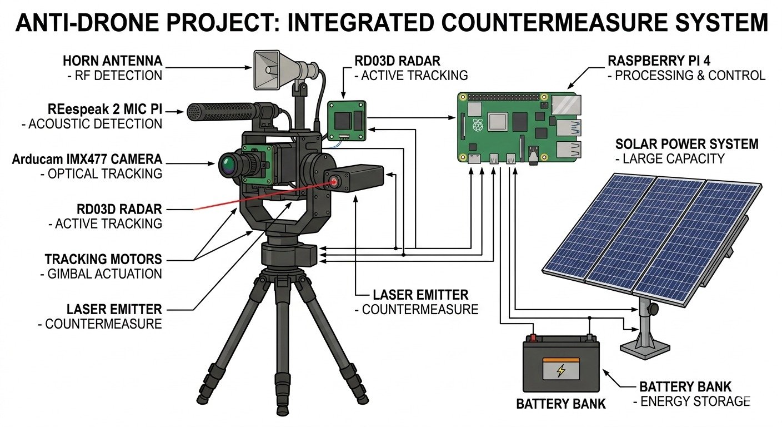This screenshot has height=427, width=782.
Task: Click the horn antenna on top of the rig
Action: [x=272, y=69]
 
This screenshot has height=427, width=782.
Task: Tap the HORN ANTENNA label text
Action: [x=113, y=61]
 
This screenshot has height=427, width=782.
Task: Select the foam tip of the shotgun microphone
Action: [x=194, y=112]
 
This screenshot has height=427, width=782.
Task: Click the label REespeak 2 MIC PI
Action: [x=106, y=109]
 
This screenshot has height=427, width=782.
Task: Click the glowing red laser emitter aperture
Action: [x=335, y=181]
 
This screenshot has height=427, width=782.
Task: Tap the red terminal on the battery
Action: [x=533, y=337]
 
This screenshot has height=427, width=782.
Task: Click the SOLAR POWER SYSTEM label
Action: [x=686, y=145]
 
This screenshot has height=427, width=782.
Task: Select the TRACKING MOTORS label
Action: [x=103, y=259]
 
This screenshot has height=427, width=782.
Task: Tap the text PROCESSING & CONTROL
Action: [x=689, y=75]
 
